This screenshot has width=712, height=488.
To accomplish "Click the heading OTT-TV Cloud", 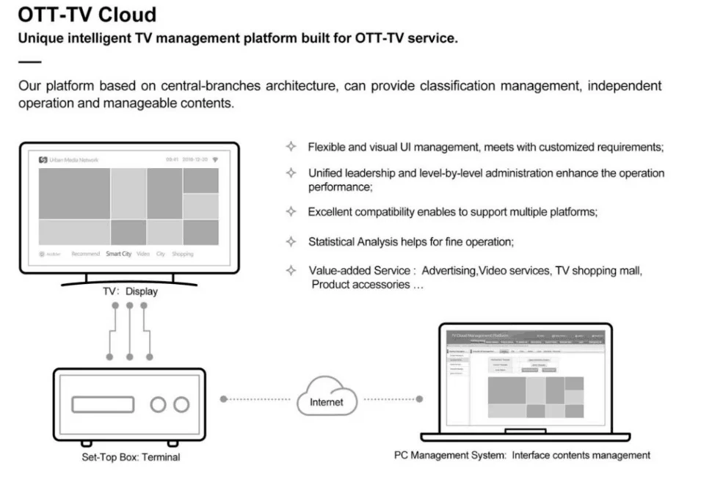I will coord(87,15).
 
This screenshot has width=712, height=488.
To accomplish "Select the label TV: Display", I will coord(130,291).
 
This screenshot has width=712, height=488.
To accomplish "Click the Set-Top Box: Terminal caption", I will coord(131,457).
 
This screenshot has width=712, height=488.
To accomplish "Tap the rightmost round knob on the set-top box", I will coord(181,404).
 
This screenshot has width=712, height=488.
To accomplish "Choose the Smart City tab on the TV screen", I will coord(118,254).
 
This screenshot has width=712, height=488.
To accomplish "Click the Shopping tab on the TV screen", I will coord(182,254).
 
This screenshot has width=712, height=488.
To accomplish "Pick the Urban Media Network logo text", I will coord(73,159).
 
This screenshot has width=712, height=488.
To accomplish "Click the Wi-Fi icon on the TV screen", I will coord(215,159).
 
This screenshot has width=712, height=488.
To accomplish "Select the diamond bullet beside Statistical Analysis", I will coord(291,241).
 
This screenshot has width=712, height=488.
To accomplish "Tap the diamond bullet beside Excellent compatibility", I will coord(291,211).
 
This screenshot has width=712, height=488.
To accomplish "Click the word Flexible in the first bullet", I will coord(327,147).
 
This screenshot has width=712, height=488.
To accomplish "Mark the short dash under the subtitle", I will coord(29,61).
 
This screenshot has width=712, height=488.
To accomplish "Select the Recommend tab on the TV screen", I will coord(85,254).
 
